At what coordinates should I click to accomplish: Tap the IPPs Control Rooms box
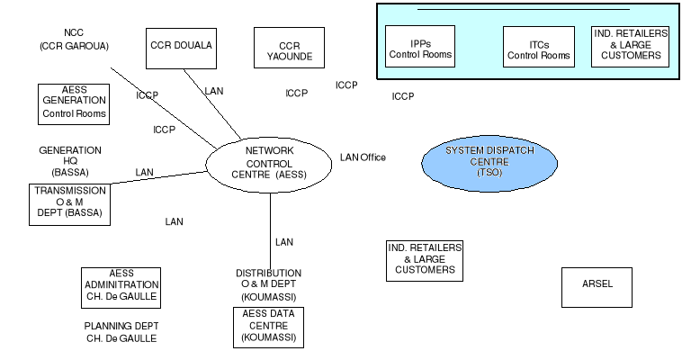tap(420, 48)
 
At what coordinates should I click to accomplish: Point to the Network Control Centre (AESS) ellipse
tap(270, 162)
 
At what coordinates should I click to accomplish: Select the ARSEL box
tap(597, 284)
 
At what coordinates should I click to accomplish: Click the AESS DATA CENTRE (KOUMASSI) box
tap(267, 327)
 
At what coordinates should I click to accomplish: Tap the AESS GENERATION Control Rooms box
tap(74, 103)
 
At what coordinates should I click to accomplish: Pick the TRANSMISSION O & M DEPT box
tap(68, 203)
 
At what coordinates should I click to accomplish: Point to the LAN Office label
tap(363, 157)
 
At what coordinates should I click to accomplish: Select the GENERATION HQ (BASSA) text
tap(70, 160)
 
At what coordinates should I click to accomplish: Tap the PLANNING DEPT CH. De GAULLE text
tap(121, 332)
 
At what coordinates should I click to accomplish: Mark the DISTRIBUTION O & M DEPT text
tap(268, 284)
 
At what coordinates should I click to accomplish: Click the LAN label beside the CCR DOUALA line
tap(214, 91)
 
